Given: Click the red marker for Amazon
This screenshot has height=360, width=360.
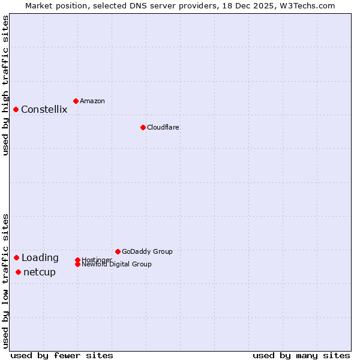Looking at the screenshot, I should click(x=76, y=101).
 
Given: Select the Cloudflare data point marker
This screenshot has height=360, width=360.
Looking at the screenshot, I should click(x=143, y=127).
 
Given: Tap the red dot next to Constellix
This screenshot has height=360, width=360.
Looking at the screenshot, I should click(x=16, y=109).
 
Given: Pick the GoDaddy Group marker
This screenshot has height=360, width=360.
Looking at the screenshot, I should click(x=118, y=251).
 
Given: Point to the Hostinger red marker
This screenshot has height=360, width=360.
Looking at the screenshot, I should click(x=77, y=260).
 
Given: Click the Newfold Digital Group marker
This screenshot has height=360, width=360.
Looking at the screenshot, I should click(x=77, y=265).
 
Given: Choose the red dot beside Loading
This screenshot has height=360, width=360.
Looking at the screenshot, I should click(x=16, y=257).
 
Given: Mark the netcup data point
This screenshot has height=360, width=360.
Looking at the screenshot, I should click(x=18, y=272).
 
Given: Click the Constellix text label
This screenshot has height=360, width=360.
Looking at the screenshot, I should click(x=44, y=109).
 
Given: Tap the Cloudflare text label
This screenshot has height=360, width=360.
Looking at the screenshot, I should click(x=163, y=127).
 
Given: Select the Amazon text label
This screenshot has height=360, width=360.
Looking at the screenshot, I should click(x=92, y=101).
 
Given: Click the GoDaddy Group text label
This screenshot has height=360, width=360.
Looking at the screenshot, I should click(x=147, y=251).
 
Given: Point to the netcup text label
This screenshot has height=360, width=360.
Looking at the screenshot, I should click(x=40, y=272).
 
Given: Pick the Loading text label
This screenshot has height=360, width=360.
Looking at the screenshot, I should click(x=40, y=258).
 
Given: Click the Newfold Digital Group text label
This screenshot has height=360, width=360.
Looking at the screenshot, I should click(x=116, y=265).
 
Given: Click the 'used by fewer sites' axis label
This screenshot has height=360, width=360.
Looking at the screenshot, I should click(x=62, y=355).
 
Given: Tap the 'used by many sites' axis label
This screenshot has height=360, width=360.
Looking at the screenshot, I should click(x=301, y=355).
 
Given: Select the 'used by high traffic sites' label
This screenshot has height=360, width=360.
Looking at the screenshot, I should click(x=5, y=85).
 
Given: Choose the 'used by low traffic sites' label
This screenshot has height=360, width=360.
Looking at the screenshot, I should click(x=5, y=281).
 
